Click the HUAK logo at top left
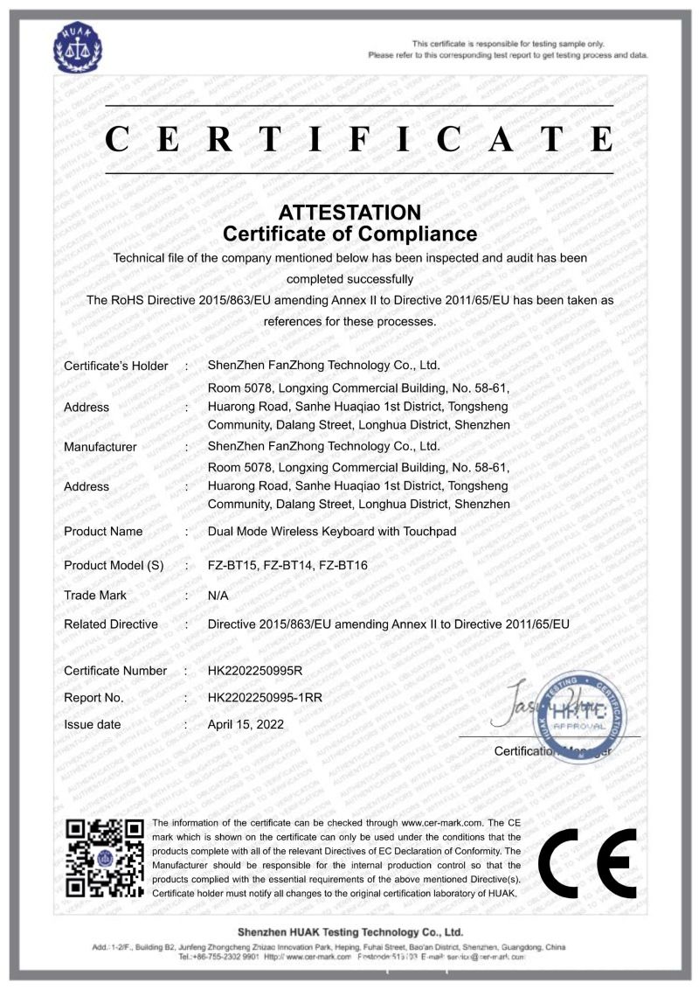[x=80, y=49]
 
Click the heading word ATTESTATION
[x=349, y=213]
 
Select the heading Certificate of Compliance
[x=349, y=234]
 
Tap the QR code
[x=105, y=858]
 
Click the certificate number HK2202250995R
[x=254, y=671]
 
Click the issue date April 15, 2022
[x=246, y=725]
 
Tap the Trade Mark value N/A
[x=218, y=596]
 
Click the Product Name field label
[x=103, y=532]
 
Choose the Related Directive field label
[x=111, y=624]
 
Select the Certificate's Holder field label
[x=115, y=366]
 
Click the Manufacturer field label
[x=100, y=447]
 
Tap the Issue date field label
[x=93, y=725]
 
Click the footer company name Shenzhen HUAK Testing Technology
[x=349, y=932]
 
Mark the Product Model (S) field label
[x=114, y=566]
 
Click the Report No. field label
[x=93, y=698]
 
